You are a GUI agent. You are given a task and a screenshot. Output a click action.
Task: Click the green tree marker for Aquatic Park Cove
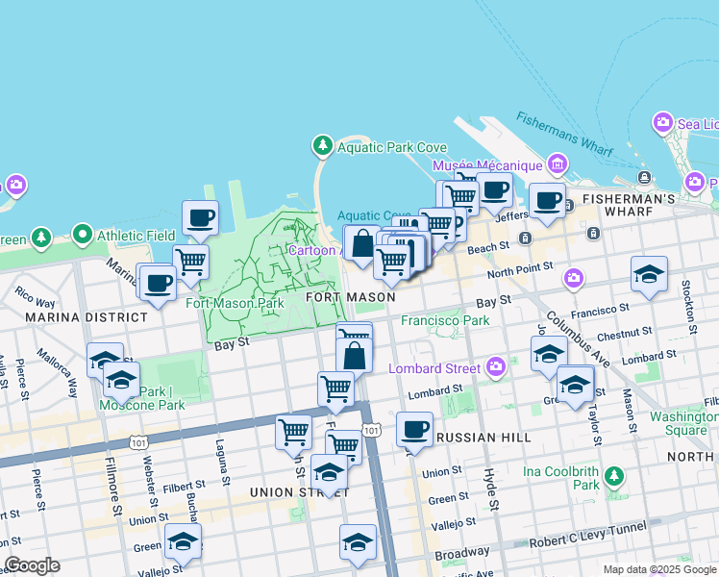click(323, 146)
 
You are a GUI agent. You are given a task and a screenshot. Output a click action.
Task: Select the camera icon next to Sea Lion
click(662, 123)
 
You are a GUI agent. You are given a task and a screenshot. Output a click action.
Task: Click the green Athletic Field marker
click(83, 235)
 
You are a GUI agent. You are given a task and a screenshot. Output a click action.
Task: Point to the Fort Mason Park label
click(235, 304)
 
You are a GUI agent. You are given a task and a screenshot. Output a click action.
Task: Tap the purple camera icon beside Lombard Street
click(496, 366)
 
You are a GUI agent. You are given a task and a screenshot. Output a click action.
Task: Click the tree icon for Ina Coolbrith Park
click(613, 476)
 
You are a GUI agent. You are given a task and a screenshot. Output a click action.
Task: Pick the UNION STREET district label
click(290, 492)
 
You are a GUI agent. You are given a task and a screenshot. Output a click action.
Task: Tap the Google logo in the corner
click(32, 565)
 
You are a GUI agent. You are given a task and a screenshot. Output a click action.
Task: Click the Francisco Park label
click(445, 320)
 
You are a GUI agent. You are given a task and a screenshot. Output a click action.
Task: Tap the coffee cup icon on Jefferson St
click(547, 201)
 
